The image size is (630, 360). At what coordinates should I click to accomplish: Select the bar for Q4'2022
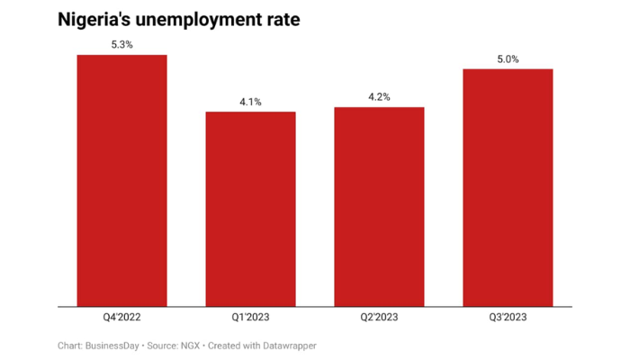(x=121, y=180)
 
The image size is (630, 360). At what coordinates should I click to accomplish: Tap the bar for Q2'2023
(x=379, y=206)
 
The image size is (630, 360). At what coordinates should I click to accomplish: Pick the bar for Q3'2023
(x=508, y=187)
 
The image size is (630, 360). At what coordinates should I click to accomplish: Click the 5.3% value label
(x=121, y=44)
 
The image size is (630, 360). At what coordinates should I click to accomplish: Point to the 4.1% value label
(x=250, y=102)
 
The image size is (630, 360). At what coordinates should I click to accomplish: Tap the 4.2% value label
(x=379, y=97)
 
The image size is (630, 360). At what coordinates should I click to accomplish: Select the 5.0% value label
(x=508, y=58)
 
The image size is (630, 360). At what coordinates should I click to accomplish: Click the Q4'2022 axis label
(x=121, y=318)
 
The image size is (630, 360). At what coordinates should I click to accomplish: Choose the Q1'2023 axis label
(x=250, y=318)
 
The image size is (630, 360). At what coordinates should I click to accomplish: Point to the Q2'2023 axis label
(x=379, y=318)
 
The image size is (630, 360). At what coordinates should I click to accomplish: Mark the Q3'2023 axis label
(x=508, y=318)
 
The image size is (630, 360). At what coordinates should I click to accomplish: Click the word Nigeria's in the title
(x=96, y=19)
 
